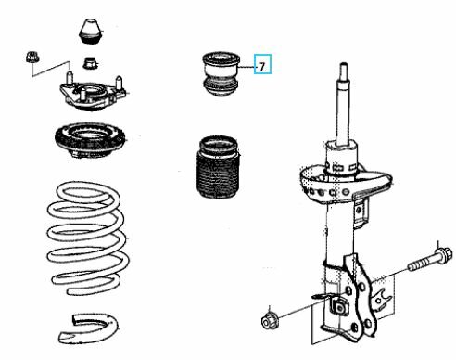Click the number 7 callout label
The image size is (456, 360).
(x=262, y=66)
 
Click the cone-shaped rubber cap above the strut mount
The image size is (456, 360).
(x=90, y=32)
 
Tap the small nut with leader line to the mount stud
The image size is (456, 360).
(x=32, y=58)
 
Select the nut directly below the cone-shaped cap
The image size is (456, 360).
(x=90, y=63)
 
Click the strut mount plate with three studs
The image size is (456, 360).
(x=92, y=95)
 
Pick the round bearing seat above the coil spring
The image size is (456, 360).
(x=90, y=139)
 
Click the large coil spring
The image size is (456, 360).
(x=88, y=238)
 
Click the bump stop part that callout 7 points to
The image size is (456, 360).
(x=221, y=73)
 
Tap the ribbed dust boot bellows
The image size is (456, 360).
(x=219, y=167)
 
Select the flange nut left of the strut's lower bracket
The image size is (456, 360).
(x=269, y=321)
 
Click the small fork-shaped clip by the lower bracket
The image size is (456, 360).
(x=383, y=300)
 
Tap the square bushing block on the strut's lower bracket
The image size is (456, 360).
(x=339, y=306)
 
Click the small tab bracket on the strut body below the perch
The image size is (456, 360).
(x=361, y=212)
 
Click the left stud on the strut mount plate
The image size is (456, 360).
(x=70, y=78)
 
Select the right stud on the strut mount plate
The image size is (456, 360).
(x=119, y=83)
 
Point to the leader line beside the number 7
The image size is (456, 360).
(x=247, y=67)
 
